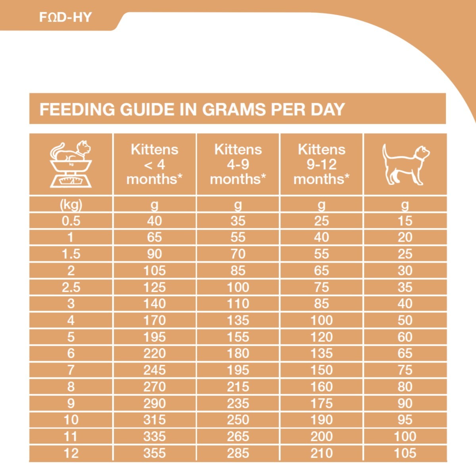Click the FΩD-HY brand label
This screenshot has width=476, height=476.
(65, 17)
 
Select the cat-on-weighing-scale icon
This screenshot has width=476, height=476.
(71, 164)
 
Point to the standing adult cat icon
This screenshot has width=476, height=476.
(405, 164)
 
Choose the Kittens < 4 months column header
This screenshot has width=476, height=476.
(154, 164)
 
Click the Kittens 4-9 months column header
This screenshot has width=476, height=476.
(238, 164)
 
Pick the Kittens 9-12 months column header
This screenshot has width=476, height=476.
(322, 164)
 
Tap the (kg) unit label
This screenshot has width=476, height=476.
(71, 205)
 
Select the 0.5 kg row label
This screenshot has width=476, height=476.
(71, 221)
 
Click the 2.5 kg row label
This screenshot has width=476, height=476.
(71, 287)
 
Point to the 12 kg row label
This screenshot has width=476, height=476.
(71, 453)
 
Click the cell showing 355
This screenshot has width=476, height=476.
(154, 453)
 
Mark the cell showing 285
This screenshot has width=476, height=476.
(238, 453)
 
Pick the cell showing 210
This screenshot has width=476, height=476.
(322, 453)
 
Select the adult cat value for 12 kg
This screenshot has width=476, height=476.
(405, 453)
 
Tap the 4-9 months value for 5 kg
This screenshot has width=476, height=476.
(238, 337)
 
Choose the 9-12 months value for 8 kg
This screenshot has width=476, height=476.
(322, 387)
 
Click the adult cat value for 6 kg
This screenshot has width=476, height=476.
(405, 353)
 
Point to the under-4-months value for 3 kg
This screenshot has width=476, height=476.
(154, 304)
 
